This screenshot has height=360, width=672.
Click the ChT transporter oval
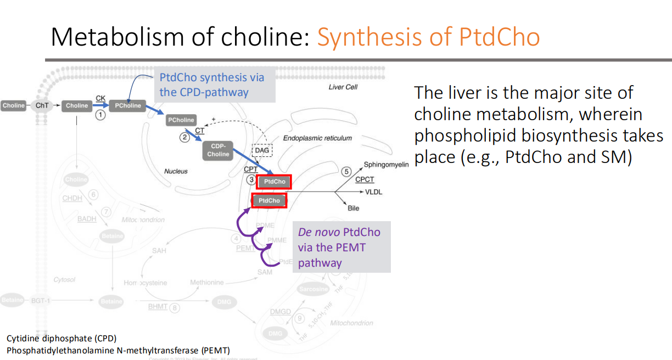[41, 105]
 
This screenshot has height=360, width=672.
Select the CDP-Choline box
[218, 150]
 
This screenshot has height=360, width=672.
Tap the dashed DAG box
[261, 150]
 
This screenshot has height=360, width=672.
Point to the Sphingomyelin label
[387, 164]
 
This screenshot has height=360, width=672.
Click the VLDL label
[373, 192]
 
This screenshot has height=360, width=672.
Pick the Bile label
[354, 208]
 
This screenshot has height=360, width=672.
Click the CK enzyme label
[100, 98]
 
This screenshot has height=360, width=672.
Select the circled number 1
[100, 115]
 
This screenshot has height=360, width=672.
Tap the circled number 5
[346, 172]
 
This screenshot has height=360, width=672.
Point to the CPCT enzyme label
[365, 179]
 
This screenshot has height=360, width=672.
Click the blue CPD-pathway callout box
[214, 85]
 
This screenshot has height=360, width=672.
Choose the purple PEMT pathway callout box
[341, 247]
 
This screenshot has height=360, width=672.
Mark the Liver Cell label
[343, 87]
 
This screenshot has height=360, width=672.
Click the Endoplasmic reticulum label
[317, 138]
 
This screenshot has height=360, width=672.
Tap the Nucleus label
[176, 171]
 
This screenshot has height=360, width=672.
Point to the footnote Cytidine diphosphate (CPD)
[61, 338]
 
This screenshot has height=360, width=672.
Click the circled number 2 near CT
[184, 138]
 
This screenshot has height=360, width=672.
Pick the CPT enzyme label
[251, 169]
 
